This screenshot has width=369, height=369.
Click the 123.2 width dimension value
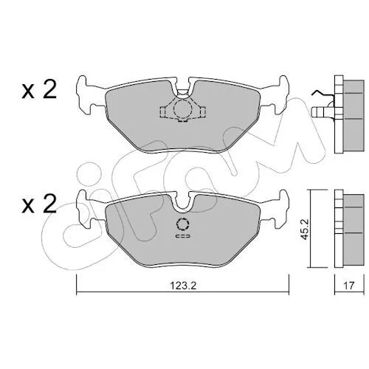point(183,286)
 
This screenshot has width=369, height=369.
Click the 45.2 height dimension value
point(306,230)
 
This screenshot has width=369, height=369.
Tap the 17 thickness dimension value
point(349,286)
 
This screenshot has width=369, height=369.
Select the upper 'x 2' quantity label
point(39,90)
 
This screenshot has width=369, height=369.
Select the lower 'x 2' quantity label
point(39,204)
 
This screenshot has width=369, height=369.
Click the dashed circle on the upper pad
point(182,108)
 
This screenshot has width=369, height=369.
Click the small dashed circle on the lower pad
point(183,224)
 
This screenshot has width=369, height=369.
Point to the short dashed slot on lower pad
point(183,236)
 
